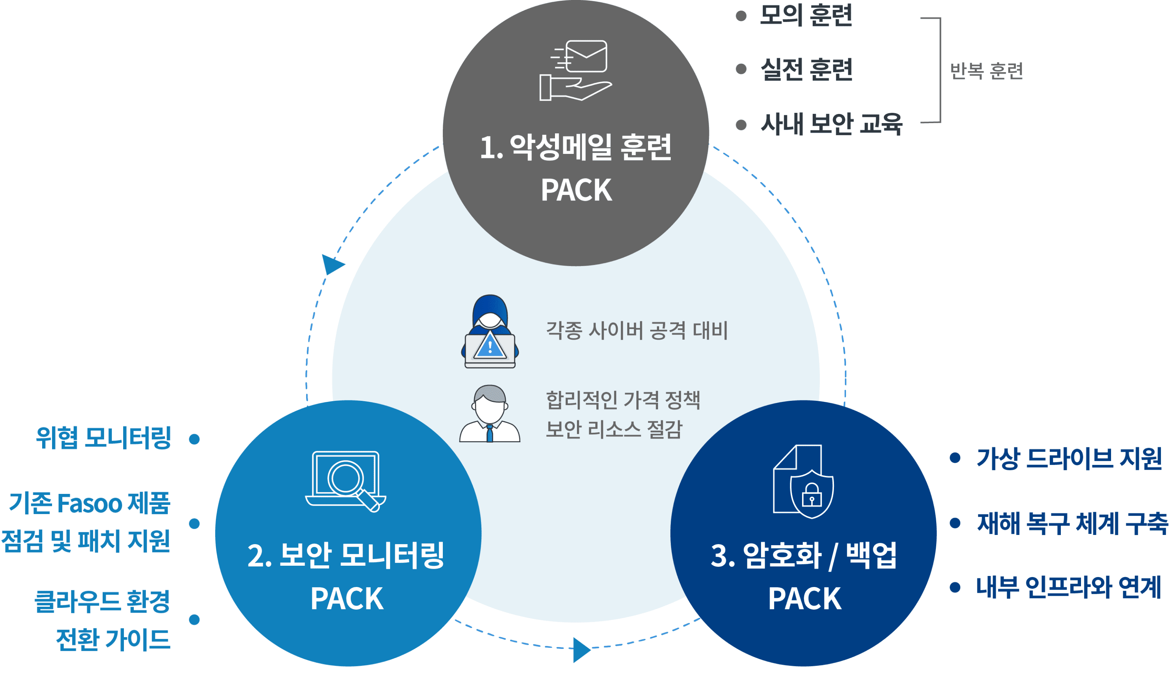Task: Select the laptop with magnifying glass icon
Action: pyautogui.click(x=346, y=481)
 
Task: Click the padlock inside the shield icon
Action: pyautogui.click(x=811, y=495)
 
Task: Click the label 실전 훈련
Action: pyautogui.click(x=806, y=70)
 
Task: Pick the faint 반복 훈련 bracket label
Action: pyautogui.click(x=986, y=71)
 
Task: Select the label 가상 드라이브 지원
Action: pyautogui.click(x=1069, y=459)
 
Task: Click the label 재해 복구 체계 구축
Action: pyautogui.click(x=1072, y=523)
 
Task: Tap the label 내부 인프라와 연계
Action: pyautogui.click(x=1068, y=587)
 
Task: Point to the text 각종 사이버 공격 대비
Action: pyautogui.click(x=636, y=330)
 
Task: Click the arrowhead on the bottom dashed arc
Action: pyautogui.click(x=581, y=649)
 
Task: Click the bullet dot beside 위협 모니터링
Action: pyautogui.click(x=195, y=439)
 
